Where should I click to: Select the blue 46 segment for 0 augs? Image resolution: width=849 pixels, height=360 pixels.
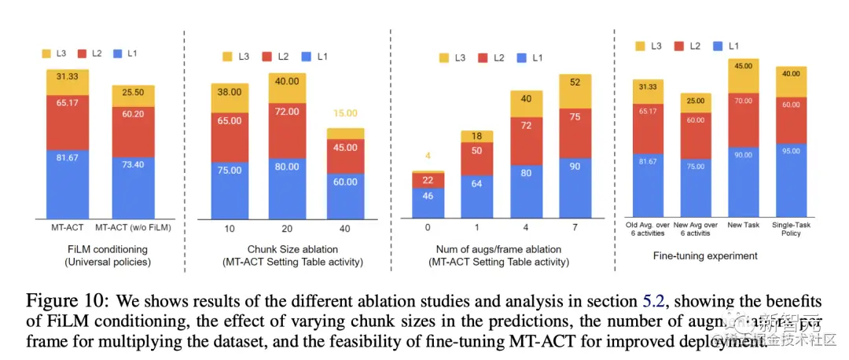tap(428, 203)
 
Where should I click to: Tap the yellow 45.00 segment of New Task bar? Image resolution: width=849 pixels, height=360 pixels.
tap(743, 76)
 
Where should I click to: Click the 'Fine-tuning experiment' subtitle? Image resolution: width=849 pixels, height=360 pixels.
tap(705, 255)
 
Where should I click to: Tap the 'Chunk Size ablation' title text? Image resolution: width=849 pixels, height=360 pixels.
tap(286, 249)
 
